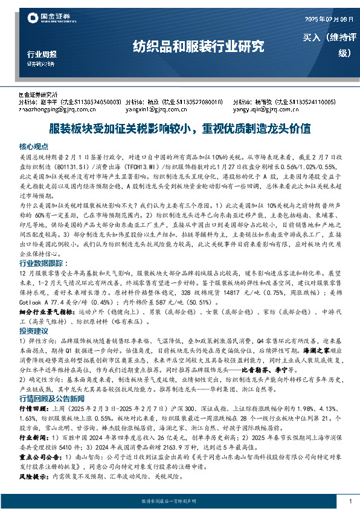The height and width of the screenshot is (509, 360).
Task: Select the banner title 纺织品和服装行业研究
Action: tap(199, 46)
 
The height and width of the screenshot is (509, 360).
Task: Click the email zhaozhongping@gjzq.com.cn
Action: tap(49, 109)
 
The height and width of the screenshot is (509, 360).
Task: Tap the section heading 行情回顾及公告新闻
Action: tap(53, 400)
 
